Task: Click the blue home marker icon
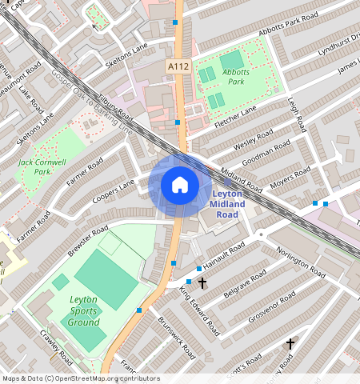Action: click(180, 185)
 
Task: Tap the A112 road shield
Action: click(178, 66)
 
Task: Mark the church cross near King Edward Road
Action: click(202, 282)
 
